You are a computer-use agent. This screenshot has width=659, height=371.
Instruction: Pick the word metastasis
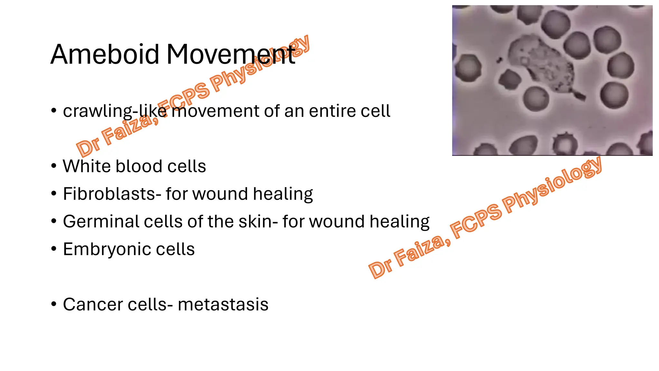point(223,305)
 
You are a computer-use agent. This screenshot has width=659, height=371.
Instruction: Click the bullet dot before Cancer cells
point(54,304)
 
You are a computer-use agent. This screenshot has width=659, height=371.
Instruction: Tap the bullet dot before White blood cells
point(54,166)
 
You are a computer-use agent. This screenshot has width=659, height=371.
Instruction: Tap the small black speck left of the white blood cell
point(499,60)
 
